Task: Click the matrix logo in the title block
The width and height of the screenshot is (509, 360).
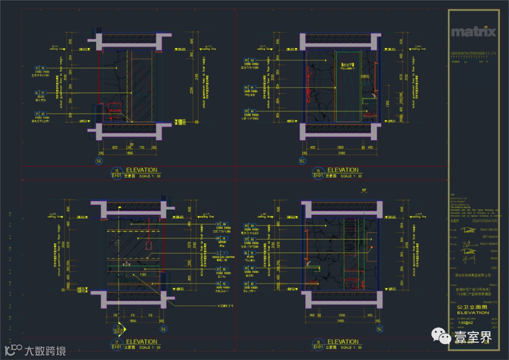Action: tap(473, 32)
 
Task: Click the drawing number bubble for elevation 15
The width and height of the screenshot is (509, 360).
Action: tap(116, 172)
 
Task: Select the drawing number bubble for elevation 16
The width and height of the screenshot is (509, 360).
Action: tap(319, 172)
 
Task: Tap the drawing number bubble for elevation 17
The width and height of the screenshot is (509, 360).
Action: tap(116, 344)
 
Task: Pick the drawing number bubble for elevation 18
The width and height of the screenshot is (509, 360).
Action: tap(319, 344)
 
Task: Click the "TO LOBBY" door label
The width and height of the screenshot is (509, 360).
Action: tap(347, 66)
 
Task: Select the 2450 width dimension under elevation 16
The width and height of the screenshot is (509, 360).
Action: tap(342, 153)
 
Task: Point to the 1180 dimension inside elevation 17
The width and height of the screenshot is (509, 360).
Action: tap(129, 274)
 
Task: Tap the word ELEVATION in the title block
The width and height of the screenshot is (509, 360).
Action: tap(473, 312)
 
